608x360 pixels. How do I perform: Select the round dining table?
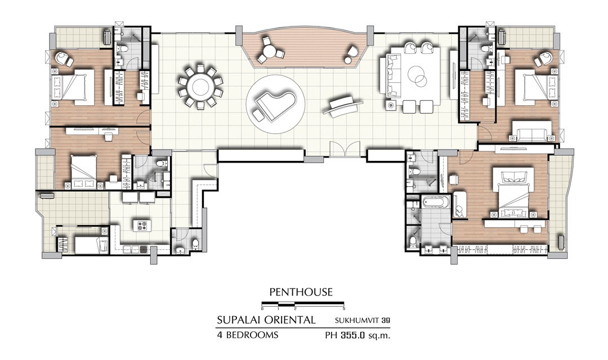click(200, 87)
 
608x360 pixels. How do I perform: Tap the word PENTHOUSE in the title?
click(301, 292)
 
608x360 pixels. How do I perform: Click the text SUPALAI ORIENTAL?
click(266, 320)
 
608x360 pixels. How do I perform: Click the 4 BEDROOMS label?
click(247, 335)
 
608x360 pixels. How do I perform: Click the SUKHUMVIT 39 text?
click(362, 321)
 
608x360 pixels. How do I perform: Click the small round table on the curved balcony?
click(270, 51)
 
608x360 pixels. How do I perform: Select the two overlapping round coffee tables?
click(418, 76)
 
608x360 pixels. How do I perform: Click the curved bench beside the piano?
click(343, 105)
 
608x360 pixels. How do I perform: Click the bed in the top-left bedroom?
click(74, 86)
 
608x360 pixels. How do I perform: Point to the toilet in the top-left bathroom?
click(123, 48)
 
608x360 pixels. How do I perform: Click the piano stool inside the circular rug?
click(257, 114)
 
